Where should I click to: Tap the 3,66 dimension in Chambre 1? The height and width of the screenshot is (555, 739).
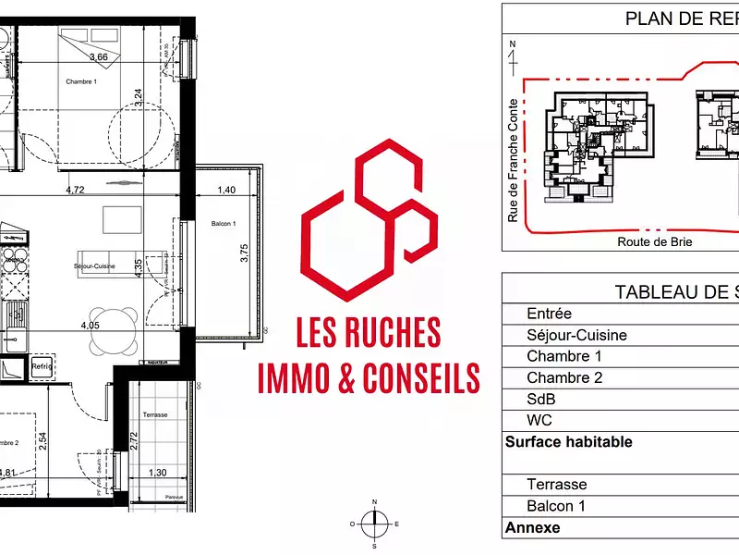(99, 57)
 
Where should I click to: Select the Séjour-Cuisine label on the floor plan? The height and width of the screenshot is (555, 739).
(94, 266)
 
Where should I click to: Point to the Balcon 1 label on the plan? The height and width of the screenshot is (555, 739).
(224, 225)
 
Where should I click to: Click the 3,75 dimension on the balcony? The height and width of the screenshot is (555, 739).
(245, 253)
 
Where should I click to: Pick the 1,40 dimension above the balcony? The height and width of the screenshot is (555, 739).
(225, 191)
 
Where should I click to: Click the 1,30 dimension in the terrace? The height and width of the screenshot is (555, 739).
(157, 473)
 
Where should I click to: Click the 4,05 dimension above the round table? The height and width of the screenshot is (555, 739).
(90, 325)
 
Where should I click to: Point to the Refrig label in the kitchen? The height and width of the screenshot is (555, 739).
(42, 367)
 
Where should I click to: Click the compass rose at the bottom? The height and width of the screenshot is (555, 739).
(374, 524)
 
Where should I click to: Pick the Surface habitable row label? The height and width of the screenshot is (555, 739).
(568, 442)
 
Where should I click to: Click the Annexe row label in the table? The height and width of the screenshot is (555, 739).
(532, 528)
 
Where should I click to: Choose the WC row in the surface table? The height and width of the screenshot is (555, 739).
(539, 420)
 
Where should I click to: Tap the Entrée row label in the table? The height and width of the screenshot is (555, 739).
(549, 314)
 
